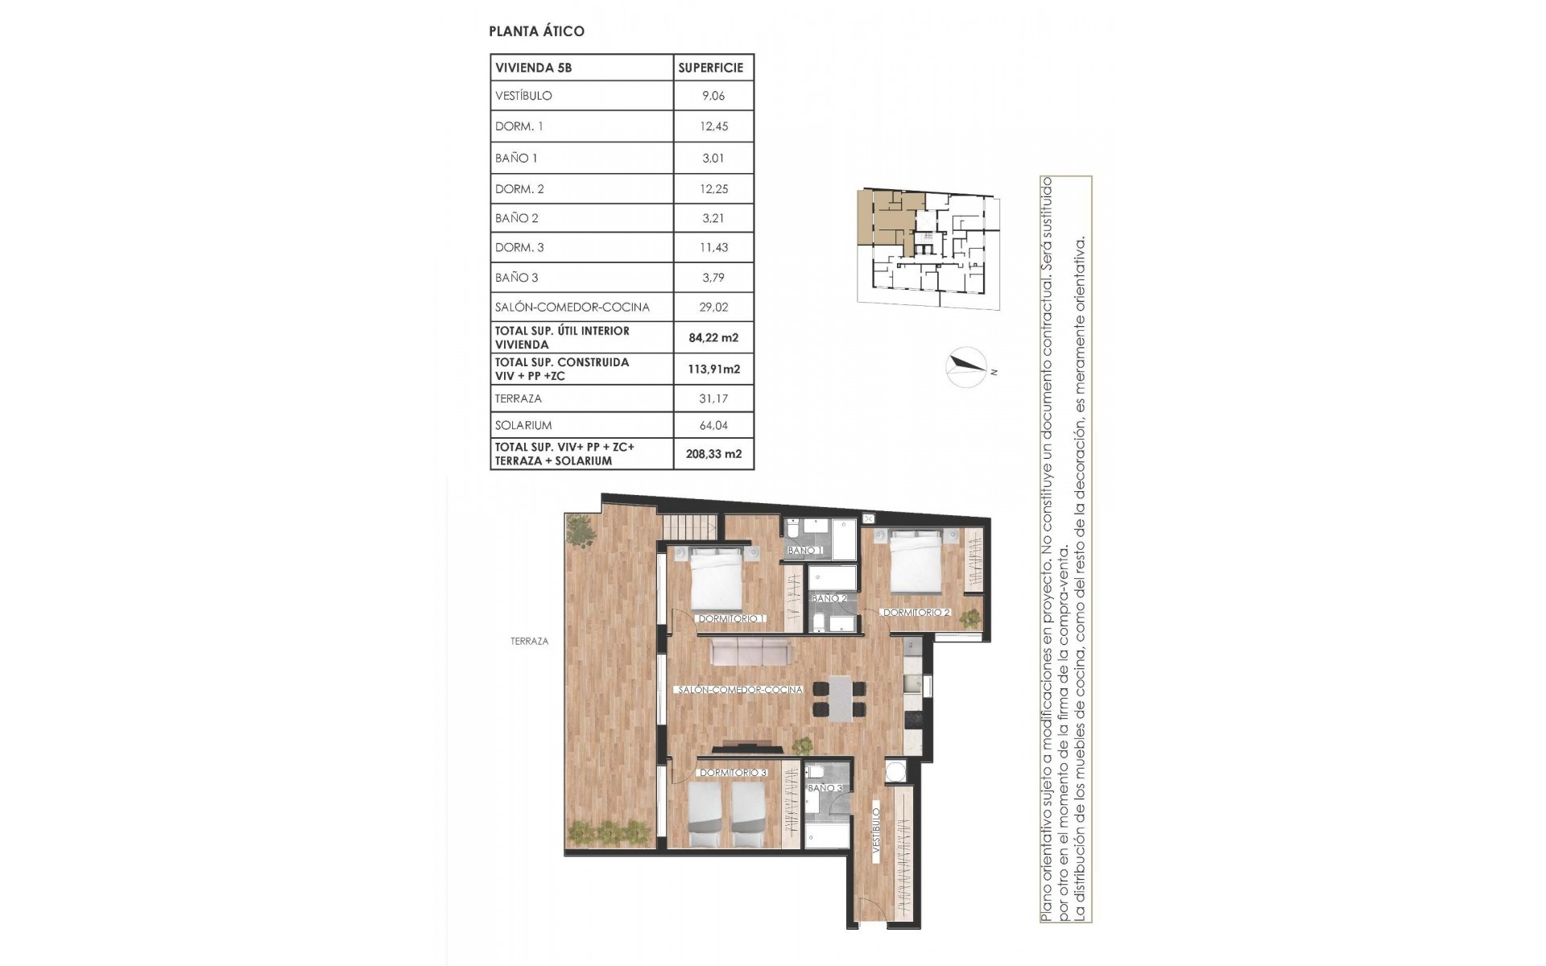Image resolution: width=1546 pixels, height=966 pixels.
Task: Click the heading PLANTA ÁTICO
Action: [536, 31]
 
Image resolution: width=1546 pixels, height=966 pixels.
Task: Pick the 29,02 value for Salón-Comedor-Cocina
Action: [713, 307]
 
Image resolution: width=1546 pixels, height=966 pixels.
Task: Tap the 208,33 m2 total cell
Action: [713, 454]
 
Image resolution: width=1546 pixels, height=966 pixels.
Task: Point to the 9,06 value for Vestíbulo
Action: [713, 96]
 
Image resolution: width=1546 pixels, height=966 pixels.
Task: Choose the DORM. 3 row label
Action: [519, 248]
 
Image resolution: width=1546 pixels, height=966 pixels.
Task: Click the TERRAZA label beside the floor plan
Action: [529, 642]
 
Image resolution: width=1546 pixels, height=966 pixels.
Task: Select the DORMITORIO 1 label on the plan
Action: [730, 619]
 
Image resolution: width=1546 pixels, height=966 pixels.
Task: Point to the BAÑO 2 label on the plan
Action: [829, 599]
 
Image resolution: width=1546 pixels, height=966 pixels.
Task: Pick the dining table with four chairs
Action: [839, 699]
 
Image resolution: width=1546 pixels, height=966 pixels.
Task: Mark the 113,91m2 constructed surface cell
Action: [713, 369]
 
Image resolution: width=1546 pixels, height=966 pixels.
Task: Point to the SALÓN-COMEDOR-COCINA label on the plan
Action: [740, 690]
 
